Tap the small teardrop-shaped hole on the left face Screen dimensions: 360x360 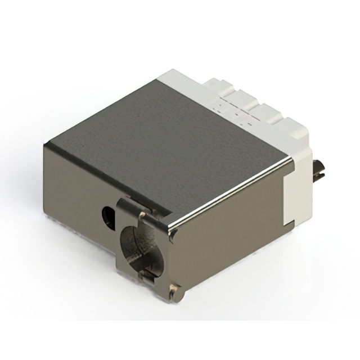[107, 214]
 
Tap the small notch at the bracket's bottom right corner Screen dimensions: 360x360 [179, 289]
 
